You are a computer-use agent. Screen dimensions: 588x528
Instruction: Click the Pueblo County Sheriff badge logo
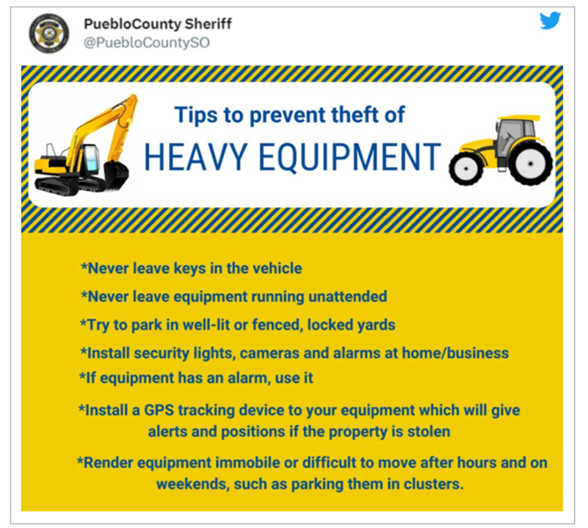point(49,33)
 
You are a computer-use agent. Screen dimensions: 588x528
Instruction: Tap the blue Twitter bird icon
point(550,21)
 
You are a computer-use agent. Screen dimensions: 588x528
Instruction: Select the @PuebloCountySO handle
point(147,43)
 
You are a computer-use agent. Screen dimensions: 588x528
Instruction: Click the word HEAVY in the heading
point(195,157)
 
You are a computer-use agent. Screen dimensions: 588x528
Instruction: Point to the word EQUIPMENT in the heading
point(350,157)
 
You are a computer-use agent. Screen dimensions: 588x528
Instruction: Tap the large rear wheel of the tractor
point(531,164)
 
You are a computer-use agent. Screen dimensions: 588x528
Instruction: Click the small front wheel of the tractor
point(466,168)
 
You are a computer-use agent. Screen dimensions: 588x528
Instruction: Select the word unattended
point(348,297)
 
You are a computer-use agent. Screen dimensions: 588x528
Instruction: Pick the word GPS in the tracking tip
point(159,411)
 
